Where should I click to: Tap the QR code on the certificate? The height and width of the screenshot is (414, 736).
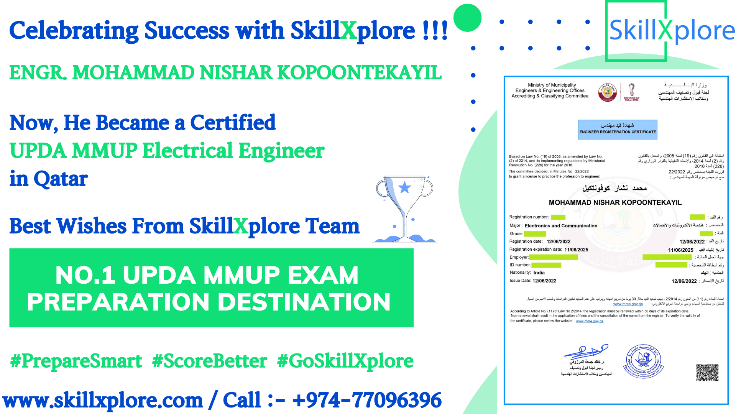click(707, 372)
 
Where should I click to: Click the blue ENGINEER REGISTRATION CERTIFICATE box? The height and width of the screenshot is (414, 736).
click(618, 129)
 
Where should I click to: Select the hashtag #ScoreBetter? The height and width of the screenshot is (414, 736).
click(209, 361)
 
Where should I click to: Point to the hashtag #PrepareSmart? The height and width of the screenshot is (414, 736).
click(76, 361)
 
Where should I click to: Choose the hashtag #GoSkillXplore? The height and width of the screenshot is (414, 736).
click(345, 361)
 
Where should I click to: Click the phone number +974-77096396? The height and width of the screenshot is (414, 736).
click(367, 400)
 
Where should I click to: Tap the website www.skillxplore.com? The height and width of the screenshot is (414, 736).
click(103, 400)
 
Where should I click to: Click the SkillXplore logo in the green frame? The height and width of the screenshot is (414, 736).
click(672, 31)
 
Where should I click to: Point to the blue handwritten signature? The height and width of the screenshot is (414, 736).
click(586, 351)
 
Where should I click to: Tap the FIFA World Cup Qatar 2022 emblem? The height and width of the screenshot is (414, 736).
click(631, 92)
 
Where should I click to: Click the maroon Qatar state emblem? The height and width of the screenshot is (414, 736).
click(608, 92)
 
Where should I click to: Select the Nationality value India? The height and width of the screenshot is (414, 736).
click(539, 273)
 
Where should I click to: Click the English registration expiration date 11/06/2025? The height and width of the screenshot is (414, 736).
click(576, 250)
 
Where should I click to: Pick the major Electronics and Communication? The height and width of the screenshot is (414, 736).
click(561, 226)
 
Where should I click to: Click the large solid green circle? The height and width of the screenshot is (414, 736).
click(467, 18)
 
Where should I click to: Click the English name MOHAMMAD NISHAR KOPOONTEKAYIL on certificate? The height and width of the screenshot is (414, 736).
click(615, 202)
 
